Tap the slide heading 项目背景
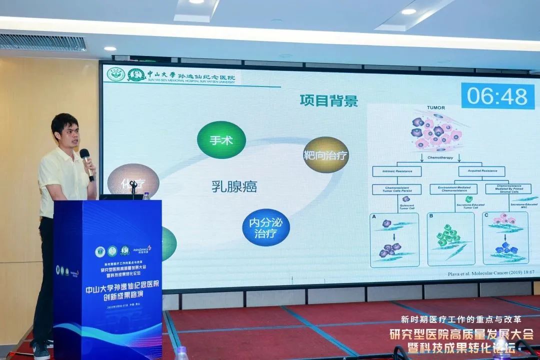pyautogui.click(x=328, y=100)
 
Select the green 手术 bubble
pyautogui.click(x=221, y=140)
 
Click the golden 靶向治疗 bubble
pyautogui.click(x=326, y=154)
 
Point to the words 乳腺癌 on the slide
pyautogui.click(x=234, y=187)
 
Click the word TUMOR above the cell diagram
pyautogui.click(x=435, y=107)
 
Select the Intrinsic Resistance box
pyautogui.click(x=396, y=171)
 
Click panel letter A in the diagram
pyautogui.click(x=373, y=216)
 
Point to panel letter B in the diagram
pyautogui.click(x=431, y=216)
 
